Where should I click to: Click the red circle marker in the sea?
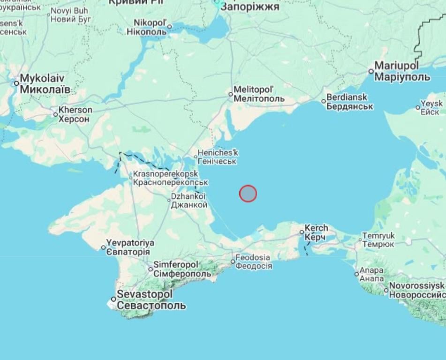[248, 193]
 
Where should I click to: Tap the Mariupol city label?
[402, 71]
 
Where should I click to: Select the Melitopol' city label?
[259, 94]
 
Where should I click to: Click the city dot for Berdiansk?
[324, 101]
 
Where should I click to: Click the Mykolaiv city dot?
[16, 83]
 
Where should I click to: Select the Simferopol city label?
[182, 269]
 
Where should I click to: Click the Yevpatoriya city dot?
[104, 247]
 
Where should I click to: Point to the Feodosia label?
[253, 262]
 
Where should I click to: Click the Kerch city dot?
[302, 232]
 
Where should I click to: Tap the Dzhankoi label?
[189, 201]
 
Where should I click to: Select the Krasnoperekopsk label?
[170, 178]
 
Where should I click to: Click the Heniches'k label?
[218, 157]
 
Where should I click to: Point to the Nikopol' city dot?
[170, 27]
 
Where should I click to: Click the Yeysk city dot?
[418, 107]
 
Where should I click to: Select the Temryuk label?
[378, 240]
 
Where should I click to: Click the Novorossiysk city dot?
[386, 290]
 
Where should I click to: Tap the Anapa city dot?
[356, 274]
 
